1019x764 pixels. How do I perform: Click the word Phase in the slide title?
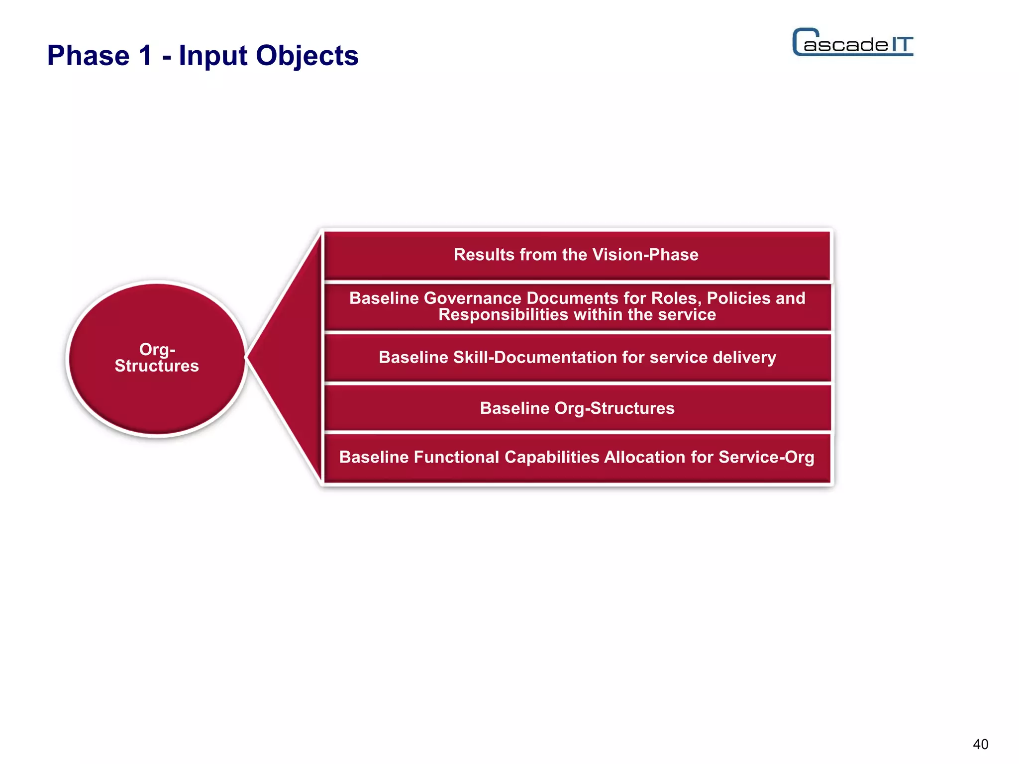point(88,55)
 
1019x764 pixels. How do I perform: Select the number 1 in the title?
point(145,55)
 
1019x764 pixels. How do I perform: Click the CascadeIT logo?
point(852,43)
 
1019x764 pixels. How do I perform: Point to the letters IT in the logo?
point(902,45)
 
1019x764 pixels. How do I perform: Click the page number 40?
point(980,744)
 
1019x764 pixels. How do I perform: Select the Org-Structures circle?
point(157,358)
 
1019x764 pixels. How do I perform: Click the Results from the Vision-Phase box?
point(576,255)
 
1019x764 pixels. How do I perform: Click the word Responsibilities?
point(503,315)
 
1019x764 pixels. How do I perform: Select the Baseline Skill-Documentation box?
point(577,357)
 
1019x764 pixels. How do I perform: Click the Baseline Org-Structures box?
point(577,408)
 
